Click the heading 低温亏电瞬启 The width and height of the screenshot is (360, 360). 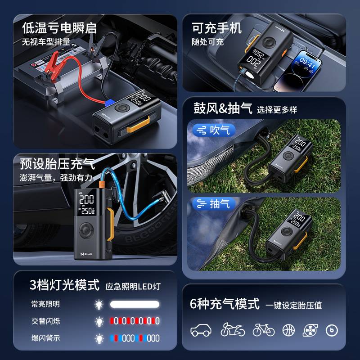[59, 28]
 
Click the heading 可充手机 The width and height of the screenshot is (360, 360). [216, 28]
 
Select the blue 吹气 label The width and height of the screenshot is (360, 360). [214, 130]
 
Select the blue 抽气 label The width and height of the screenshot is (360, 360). [214, 204]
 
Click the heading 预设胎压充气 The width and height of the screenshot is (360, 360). [57, 162]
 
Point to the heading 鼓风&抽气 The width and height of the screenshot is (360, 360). [222, 108]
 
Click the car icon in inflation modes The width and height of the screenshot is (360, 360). [201, 330]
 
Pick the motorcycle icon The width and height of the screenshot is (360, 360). [233, 330]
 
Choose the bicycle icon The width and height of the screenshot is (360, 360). [263, 330]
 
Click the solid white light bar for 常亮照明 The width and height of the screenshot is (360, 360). [135, 304]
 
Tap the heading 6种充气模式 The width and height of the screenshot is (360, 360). [225, 304]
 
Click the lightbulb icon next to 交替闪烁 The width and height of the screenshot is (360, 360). [99, 321]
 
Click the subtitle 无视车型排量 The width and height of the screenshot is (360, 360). [46, 42]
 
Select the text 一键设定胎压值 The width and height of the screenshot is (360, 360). [293, 306]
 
